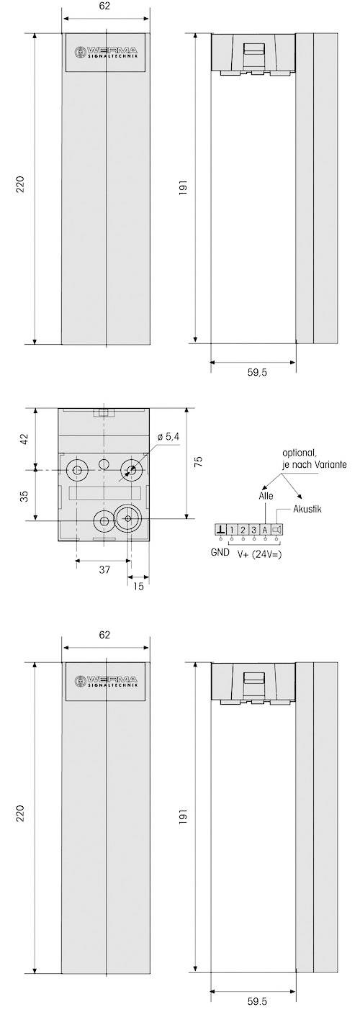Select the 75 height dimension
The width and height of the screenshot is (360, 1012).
[x=199, y=461]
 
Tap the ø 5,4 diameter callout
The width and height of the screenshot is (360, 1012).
[x=168, y=438]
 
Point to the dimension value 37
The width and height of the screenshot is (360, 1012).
[x=104, y=569]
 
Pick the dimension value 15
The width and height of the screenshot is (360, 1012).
[x=139, y=586]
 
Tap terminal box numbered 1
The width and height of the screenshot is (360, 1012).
[x=232, y=530]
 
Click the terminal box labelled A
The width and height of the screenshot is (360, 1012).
[x=265, y=530]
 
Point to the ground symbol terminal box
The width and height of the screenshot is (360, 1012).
[x=220, y=530]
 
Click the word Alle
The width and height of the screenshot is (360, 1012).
[x=266, y=496]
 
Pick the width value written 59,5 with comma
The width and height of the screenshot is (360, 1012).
[x=253, y=375]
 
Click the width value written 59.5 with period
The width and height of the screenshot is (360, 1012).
[x=253, y=1000]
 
